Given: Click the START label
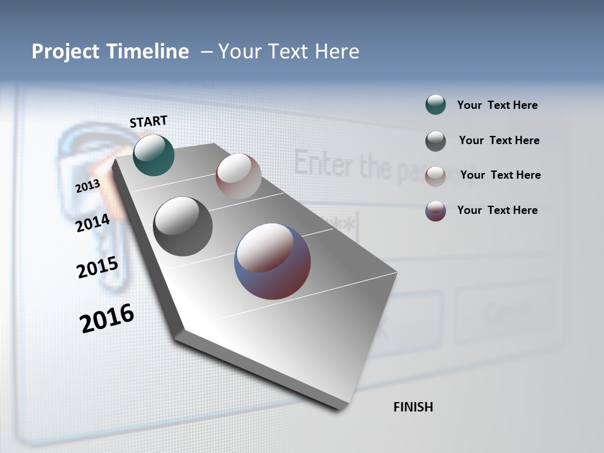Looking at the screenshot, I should (148, 121).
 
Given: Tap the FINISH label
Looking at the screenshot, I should (413, 407).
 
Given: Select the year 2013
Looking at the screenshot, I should (87, 187).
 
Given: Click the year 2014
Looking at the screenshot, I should (93, 223).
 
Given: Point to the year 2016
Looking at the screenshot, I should (107, 318).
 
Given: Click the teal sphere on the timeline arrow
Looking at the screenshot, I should (154, 155).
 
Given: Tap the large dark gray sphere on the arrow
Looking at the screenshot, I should (182, 226).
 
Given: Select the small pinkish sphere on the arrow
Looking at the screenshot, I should (238, 176).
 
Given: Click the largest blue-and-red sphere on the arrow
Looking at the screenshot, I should (272, 261).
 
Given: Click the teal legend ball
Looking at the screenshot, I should (435, 104).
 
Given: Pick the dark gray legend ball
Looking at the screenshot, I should (435, 141).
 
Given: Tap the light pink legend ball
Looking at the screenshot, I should (435, 176).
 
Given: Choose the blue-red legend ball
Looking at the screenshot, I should (435, 211).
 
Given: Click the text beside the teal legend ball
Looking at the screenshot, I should (497, 105).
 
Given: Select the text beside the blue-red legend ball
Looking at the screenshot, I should (497, 210).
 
